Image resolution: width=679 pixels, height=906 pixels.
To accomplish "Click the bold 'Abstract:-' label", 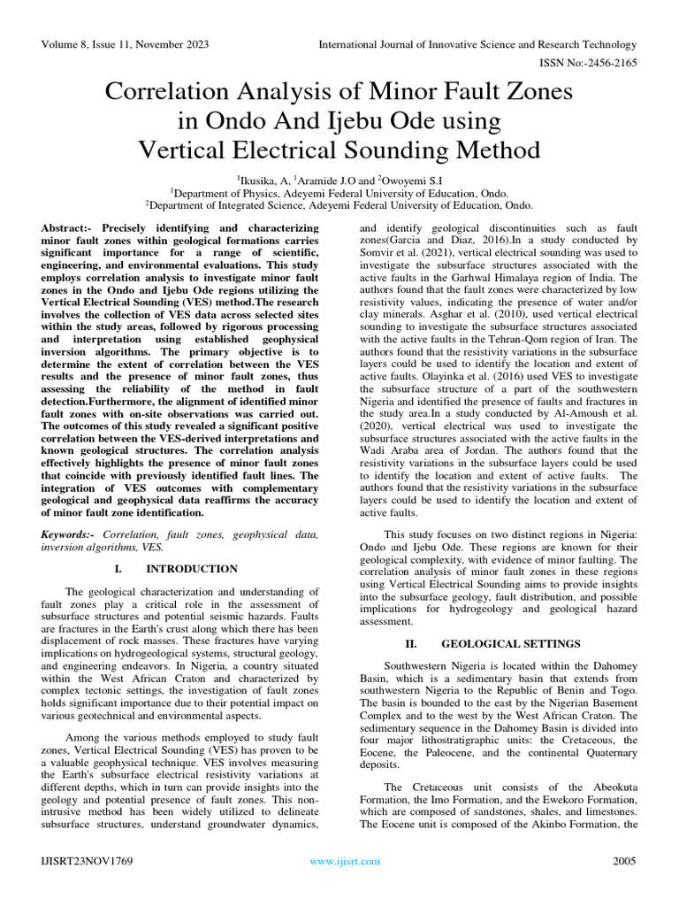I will pyautogui.click(x=70, y=228).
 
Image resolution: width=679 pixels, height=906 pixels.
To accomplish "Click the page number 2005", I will pyautogui.click(x=624, y=861).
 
